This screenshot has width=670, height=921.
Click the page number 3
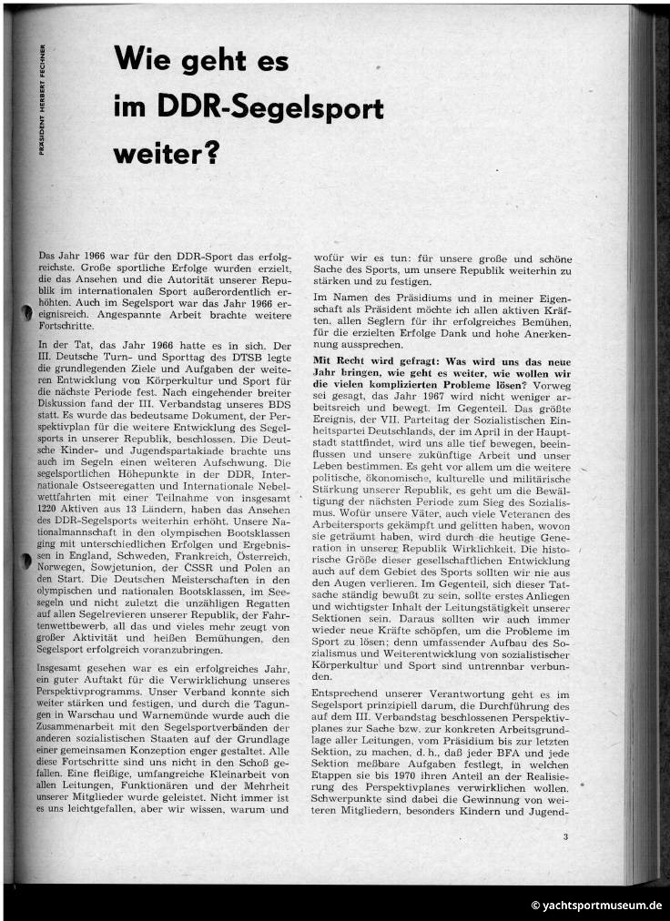[565, 836]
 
